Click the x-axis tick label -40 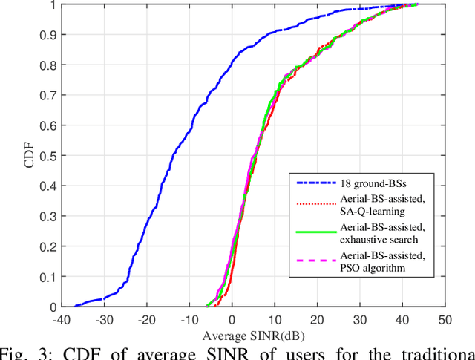(62, 320)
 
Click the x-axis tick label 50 (445, 320)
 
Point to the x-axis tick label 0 (232, 320)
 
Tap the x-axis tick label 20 (318, 320)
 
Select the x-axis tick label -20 (147, 320)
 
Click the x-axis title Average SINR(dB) (253, 335)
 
